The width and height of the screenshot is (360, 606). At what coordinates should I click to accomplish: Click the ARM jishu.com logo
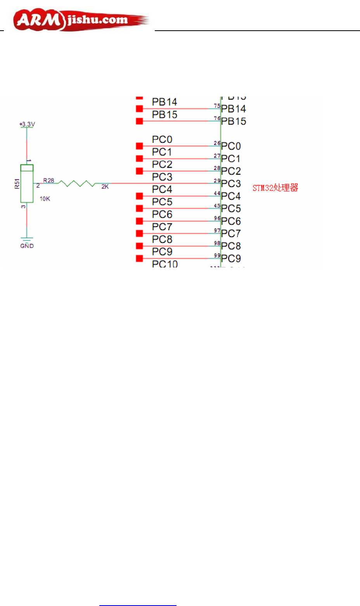coord(80,20)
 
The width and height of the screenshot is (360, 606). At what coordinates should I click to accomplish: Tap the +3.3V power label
coord(27,124)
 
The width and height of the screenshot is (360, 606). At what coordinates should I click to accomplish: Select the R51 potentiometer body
coord(27,183)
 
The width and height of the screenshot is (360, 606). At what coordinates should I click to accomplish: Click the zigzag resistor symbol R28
coord(77,183)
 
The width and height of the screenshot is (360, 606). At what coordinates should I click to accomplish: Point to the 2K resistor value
coord(105,187)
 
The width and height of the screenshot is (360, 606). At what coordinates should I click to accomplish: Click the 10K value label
coord(45,199)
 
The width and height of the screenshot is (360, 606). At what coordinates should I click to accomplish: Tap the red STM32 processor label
coord(275,188)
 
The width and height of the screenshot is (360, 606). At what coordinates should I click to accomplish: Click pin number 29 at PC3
coord(217,181)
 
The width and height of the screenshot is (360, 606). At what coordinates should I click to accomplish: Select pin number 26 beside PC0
coord(217,143)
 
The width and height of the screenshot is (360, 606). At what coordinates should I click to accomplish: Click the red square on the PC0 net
coord(139,146)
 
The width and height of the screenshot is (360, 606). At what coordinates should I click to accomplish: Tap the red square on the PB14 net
coord(139,109)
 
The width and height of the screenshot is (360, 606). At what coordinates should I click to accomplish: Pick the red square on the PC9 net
coord(139,258)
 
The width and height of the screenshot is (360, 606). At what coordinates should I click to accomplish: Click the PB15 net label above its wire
coord(164,115)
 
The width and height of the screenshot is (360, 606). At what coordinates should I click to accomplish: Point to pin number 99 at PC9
coord(217,255)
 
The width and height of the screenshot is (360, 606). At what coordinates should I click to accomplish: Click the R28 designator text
coord(49,181)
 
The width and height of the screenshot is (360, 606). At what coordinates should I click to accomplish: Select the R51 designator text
coord(17,184)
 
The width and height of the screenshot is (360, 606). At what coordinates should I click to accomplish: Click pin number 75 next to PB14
coord(217,106)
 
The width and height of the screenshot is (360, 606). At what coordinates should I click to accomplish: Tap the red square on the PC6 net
coord(139,221)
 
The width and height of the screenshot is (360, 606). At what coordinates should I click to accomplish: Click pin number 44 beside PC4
coord(217,193)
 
